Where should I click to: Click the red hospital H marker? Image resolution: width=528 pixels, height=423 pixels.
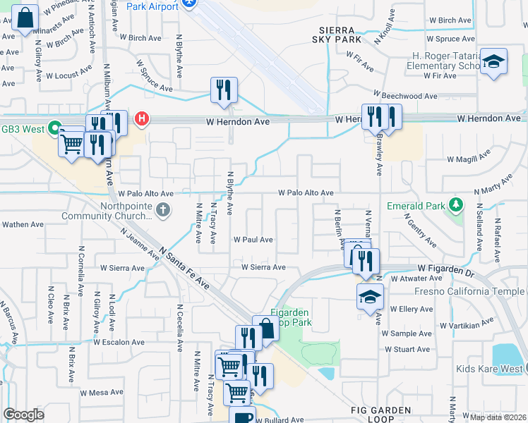click(142, 118)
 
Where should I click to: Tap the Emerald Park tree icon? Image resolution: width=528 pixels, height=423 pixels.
click(457, 206)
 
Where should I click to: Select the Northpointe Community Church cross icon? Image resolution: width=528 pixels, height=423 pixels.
click(163, 209)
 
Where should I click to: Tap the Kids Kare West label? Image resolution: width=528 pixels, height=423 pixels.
click(489, 369)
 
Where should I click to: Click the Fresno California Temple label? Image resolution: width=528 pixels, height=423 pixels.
click(471, 291)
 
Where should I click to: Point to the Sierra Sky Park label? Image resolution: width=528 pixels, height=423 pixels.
click(340, 35)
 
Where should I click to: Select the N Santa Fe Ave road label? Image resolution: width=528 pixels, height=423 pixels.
click(185, 267)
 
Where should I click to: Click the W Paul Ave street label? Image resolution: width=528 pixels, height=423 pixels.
click(253, 240)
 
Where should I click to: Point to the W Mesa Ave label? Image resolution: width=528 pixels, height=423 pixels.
click(102, 393)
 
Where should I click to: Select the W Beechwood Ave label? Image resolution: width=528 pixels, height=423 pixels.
click(406, 95)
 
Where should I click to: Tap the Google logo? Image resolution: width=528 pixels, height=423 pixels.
click(23, 415)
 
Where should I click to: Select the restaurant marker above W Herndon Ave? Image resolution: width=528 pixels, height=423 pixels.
click(224, 91)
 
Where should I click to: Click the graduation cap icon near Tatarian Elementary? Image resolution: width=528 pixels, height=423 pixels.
click(493, 62)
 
